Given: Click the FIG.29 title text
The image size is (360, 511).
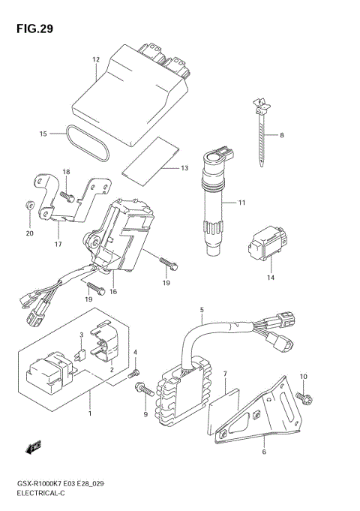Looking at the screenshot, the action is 34,29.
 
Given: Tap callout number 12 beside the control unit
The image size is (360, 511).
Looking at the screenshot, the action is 96,59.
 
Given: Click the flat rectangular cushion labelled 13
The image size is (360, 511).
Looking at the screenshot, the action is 151,157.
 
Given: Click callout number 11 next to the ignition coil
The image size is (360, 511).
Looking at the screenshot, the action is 241,203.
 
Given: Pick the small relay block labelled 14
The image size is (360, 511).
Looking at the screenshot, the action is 268,243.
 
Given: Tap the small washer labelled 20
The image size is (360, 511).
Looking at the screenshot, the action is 29,205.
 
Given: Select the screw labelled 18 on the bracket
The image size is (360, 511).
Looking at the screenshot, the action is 67,197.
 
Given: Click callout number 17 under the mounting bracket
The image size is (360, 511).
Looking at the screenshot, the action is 58,244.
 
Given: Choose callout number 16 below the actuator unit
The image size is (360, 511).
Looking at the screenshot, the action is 113,292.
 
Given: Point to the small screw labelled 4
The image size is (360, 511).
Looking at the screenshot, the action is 133,374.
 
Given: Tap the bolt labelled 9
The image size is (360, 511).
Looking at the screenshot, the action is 144,389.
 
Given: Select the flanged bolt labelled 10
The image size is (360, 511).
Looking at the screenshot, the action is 304,398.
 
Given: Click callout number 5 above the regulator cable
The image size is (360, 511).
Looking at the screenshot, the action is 202,310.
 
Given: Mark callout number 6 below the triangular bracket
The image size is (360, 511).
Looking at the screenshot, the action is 264,452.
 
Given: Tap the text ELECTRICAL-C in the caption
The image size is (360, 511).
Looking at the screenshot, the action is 40,493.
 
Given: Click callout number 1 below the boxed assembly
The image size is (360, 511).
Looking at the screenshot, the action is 90,414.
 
